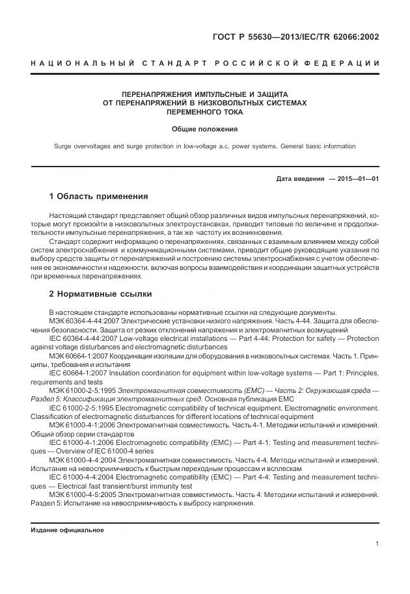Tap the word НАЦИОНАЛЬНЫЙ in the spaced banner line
coord(82,63)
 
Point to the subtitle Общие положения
coord(204,129)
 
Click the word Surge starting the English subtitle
coord(64,146)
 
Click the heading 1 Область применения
coord(98,196)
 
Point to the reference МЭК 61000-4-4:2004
coord(82,459)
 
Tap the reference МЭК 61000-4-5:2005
coord(82,493)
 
